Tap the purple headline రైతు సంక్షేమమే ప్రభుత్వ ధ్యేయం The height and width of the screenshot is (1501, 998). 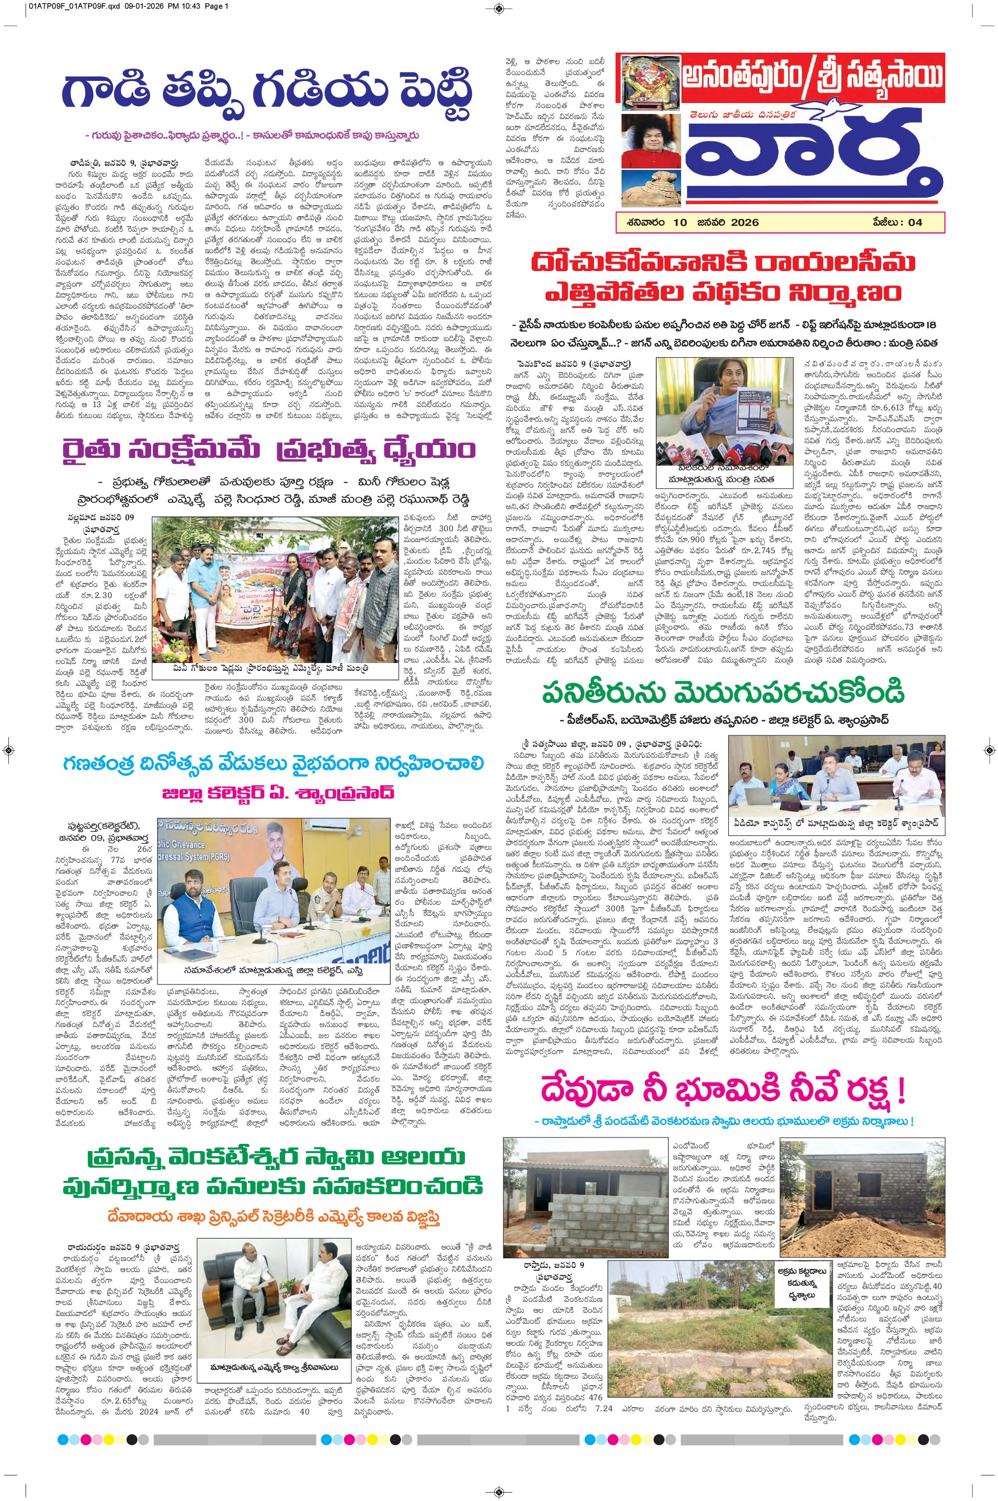[x=268, y=449]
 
